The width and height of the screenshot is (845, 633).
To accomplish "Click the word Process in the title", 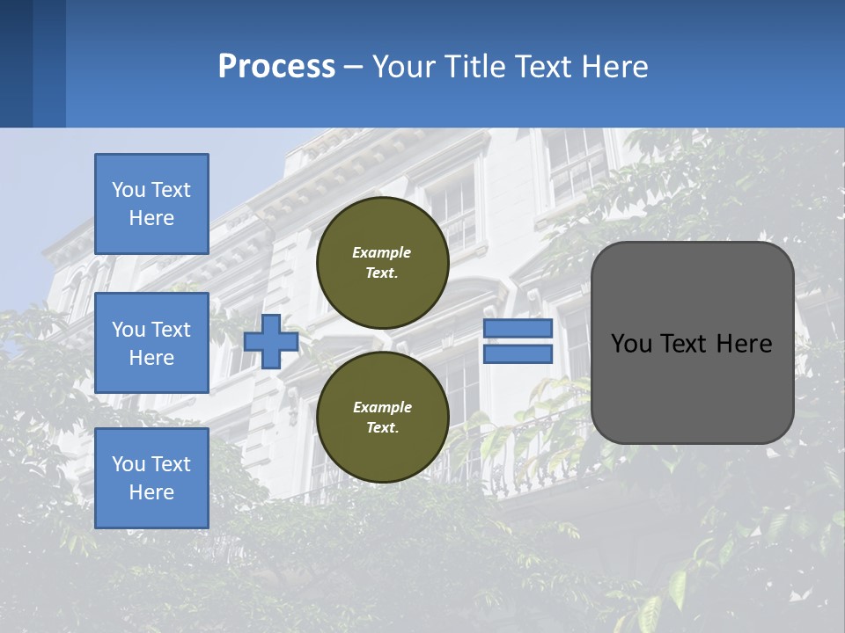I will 276,67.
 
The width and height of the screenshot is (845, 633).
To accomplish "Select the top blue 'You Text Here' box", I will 151,204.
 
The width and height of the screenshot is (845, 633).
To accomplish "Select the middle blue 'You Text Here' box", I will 151,343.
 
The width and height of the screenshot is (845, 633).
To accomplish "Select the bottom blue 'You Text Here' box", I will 151,478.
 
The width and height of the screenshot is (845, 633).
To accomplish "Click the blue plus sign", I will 271,341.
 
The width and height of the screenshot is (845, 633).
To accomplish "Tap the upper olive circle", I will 382,262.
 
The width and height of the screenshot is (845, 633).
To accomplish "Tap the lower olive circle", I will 382,417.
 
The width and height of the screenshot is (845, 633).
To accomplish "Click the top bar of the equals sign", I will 518,329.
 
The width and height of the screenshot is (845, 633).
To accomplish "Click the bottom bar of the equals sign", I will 518,353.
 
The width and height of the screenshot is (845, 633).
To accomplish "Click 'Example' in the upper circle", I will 381,252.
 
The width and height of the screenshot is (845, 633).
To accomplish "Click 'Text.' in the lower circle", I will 382,427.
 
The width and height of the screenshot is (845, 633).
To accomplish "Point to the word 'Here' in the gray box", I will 744,344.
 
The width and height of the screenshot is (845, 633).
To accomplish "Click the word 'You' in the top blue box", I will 129,190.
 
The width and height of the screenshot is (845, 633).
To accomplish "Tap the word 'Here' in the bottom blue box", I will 151,492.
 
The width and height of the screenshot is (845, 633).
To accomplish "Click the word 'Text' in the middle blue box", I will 171,330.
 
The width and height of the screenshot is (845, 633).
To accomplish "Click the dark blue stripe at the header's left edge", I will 16,63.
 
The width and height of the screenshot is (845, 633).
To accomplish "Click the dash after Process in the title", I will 353,67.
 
